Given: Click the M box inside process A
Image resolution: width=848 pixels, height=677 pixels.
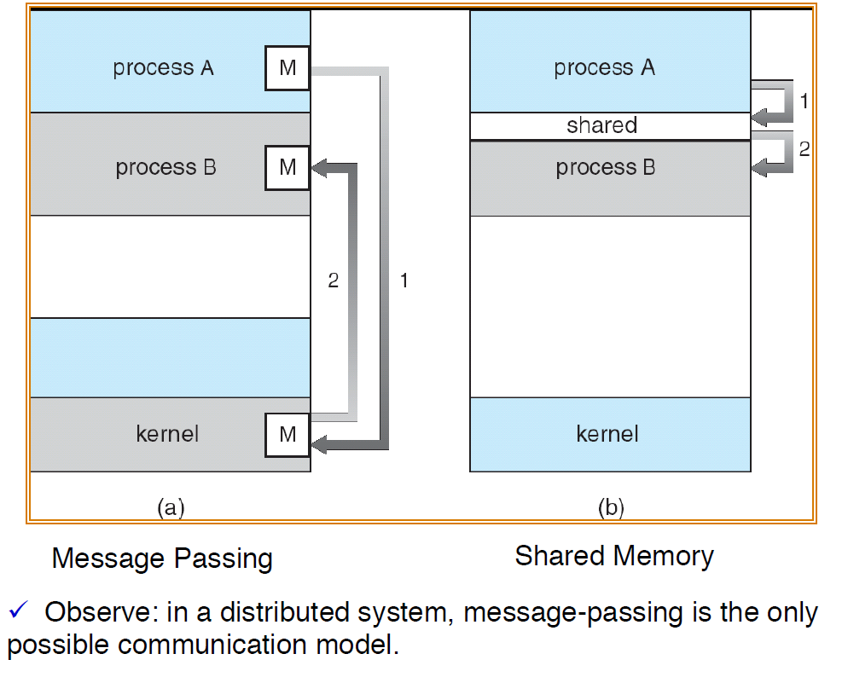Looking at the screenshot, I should point(288,68).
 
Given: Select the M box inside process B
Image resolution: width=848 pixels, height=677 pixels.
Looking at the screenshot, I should point(288,168).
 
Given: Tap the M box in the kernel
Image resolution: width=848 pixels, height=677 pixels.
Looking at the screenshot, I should point(288,434).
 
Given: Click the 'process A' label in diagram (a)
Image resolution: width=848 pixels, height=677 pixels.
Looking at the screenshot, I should point(163,68).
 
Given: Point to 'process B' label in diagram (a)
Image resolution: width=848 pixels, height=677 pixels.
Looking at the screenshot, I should point(166,167).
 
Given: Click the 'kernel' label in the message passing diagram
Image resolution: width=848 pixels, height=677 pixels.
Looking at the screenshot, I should point(167,434).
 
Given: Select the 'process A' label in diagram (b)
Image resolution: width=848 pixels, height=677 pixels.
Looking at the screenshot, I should point(605,68).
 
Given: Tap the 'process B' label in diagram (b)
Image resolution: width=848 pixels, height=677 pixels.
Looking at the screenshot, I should point(606,168).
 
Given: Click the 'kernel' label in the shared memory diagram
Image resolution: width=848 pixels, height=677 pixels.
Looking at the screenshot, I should point(607,434).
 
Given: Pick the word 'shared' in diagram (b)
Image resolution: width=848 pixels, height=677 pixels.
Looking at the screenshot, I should point(601,125).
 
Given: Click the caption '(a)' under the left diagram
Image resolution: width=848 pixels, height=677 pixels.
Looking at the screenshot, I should point(171,508).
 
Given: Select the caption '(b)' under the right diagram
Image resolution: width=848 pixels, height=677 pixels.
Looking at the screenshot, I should point(610,508).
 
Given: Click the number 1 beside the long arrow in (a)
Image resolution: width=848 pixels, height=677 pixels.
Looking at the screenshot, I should point(404,280).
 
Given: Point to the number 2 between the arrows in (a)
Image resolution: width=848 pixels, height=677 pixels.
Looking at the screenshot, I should point(334,280).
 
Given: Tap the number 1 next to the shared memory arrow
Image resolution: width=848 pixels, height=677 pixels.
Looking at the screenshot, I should point(804,101).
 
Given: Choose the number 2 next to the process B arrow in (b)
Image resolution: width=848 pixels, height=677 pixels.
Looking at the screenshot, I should point(804,148).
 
